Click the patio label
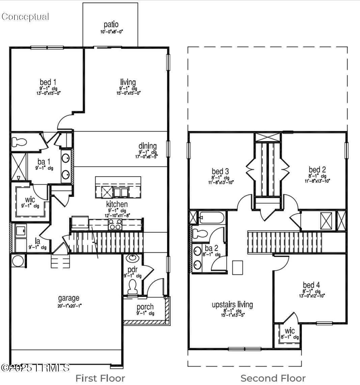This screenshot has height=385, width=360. [x=111, y=25]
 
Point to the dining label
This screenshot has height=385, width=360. [x=147, y=146]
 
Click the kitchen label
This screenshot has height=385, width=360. [x=117, y=204]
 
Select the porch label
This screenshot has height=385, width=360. [x=145, y=307]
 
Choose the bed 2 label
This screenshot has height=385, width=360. [x=317, y=170]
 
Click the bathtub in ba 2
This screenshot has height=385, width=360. [x=211, y=218]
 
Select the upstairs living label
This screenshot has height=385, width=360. [x=232, y=304]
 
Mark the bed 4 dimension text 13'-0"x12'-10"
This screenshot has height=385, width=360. [x=311, y=296]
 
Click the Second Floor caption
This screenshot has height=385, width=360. [x=273, y=378]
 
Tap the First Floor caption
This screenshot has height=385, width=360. [x=100, y=378]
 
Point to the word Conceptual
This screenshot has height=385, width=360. [x=25, y=17]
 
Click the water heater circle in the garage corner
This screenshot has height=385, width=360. [x=18, y=261]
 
